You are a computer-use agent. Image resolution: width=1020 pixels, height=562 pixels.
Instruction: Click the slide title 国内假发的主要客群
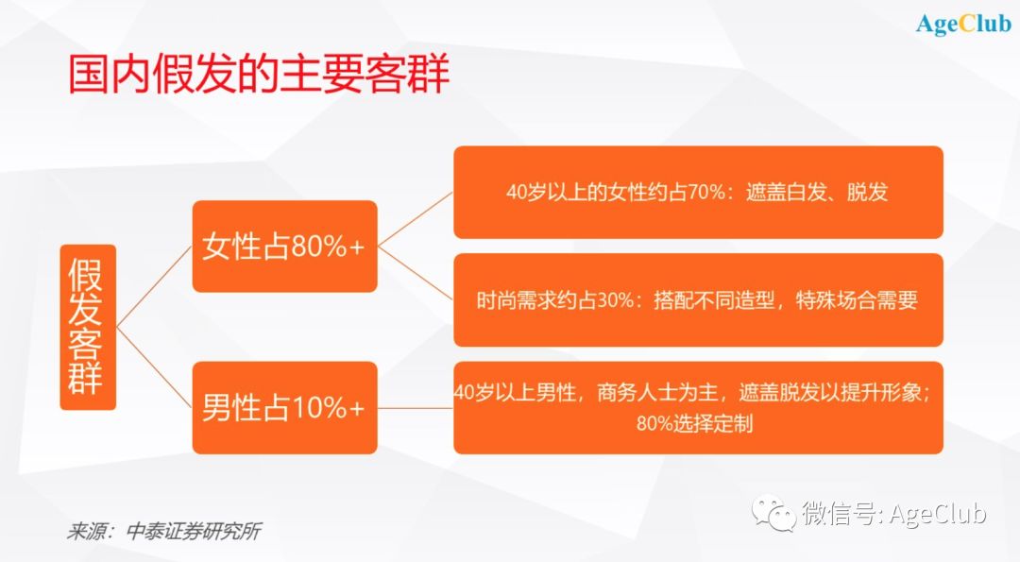click(x=259, y=75)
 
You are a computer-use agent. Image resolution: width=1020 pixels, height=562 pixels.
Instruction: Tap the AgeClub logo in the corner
click(x=963, y=24)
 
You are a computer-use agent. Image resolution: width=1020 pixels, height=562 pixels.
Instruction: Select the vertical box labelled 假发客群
click(x=88, y=327)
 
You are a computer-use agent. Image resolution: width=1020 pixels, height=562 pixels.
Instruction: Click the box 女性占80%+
click(x=285, y=246)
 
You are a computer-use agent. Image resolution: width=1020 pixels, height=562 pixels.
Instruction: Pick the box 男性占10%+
click(x=285, y=408)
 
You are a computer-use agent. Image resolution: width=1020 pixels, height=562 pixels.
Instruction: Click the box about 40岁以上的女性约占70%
click(x=698, y=192)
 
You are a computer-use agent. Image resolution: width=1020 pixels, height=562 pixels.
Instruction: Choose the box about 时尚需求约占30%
click(x=698, y=299)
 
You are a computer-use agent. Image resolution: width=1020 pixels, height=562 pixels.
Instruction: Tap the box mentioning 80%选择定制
click(x=698, y=408)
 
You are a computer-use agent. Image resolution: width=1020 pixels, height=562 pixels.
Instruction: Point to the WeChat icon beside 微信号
click(x=774, y=513)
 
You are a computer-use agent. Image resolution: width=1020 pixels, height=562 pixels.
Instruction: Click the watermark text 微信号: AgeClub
click(x=893, y=513)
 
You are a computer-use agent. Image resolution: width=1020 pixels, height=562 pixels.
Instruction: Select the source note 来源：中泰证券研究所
click(x=164, y=532)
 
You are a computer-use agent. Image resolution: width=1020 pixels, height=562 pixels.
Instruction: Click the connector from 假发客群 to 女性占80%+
click(x=154, y=286)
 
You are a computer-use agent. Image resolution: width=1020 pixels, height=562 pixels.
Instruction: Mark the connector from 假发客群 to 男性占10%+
click(x=154, y=367)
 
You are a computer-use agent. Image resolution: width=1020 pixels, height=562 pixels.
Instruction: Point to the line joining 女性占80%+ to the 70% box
click(x=415, y=219)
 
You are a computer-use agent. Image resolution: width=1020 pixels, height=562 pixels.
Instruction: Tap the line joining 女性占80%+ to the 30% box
click(x=415, y=273)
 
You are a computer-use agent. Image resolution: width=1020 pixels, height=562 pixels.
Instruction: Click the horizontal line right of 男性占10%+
click(x=415, y=408)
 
